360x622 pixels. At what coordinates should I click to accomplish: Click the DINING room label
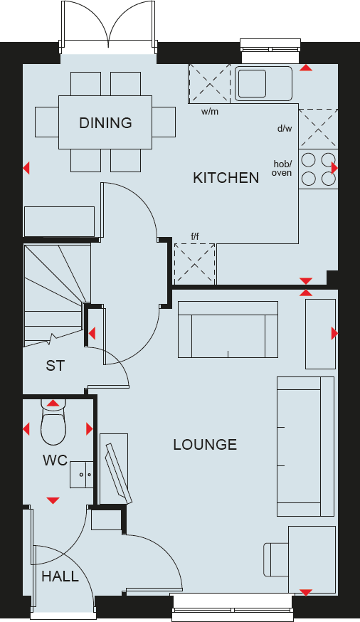pos(105,122)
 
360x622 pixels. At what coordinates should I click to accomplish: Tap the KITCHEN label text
pos(226,178)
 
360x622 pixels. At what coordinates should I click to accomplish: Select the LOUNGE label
pos(205,445)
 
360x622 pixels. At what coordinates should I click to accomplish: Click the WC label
pos(55,460)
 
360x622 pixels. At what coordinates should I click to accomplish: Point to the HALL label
pos(60,576)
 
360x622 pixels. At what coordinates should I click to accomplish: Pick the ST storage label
pos(55,366)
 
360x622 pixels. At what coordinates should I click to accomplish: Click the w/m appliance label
pos(209,112)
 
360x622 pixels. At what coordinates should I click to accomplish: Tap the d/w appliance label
pos(285,129)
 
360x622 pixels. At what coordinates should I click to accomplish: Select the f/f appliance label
pos(194,236)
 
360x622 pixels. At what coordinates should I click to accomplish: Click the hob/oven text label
pos(282,168)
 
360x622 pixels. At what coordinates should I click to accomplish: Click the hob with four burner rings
pos(317,169)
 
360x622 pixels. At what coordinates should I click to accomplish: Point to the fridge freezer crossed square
pos(194,263)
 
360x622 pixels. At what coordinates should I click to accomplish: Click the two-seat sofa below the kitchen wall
pos(228,330)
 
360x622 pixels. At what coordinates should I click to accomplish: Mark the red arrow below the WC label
pos(53,501)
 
